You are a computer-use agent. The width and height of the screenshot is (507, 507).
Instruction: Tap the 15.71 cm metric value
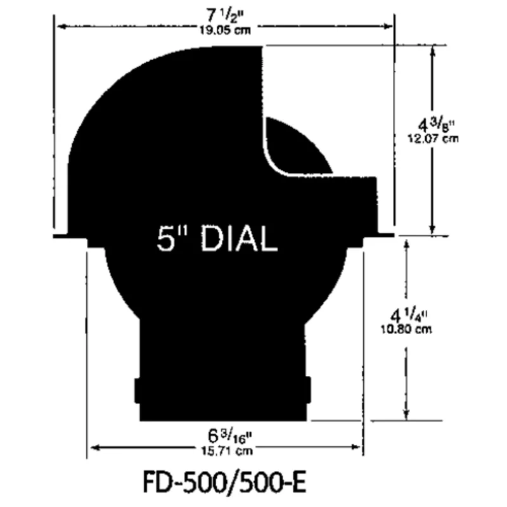click(226, 452)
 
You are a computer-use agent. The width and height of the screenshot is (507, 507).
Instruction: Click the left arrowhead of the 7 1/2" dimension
click(60, 26)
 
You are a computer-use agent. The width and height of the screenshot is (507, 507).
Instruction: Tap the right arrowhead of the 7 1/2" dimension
click(389, 26)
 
